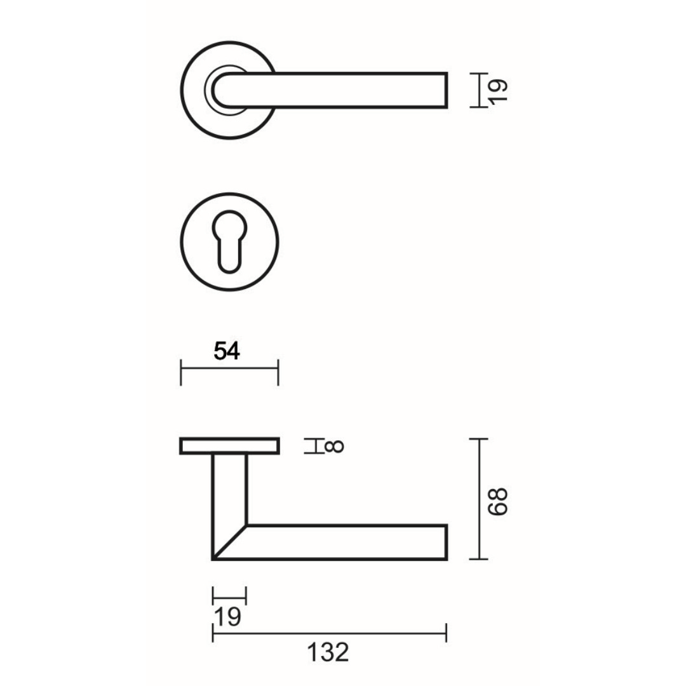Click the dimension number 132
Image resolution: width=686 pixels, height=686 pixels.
tap(329, 652)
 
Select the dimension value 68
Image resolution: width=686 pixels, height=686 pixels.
tap(499, 501)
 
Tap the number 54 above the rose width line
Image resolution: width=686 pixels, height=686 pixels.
tap(227, 351)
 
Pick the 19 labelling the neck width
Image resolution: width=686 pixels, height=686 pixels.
tap(227, 617)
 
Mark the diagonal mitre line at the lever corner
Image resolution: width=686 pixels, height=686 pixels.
tap(229, 542)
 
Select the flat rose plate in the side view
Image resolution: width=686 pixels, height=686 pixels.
tap(229, 446)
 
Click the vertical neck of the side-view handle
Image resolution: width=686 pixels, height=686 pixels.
tap(229, 489)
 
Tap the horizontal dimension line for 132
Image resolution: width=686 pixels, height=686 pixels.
tap(329, 633)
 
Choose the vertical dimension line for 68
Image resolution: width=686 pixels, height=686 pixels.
tap(478, 499)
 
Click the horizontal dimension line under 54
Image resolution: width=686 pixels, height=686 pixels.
tap(229, 367)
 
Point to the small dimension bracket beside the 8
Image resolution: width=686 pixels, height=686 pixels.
tap(313, 446)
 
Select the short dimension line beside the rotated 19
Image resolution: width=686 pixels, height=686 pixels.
tap(479, 90)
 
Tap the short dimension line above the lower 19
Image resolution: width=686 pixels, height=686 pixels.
tap(229, 595)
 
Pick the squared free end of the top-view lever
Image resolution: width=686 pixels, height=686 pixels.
tap(441, 90)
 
